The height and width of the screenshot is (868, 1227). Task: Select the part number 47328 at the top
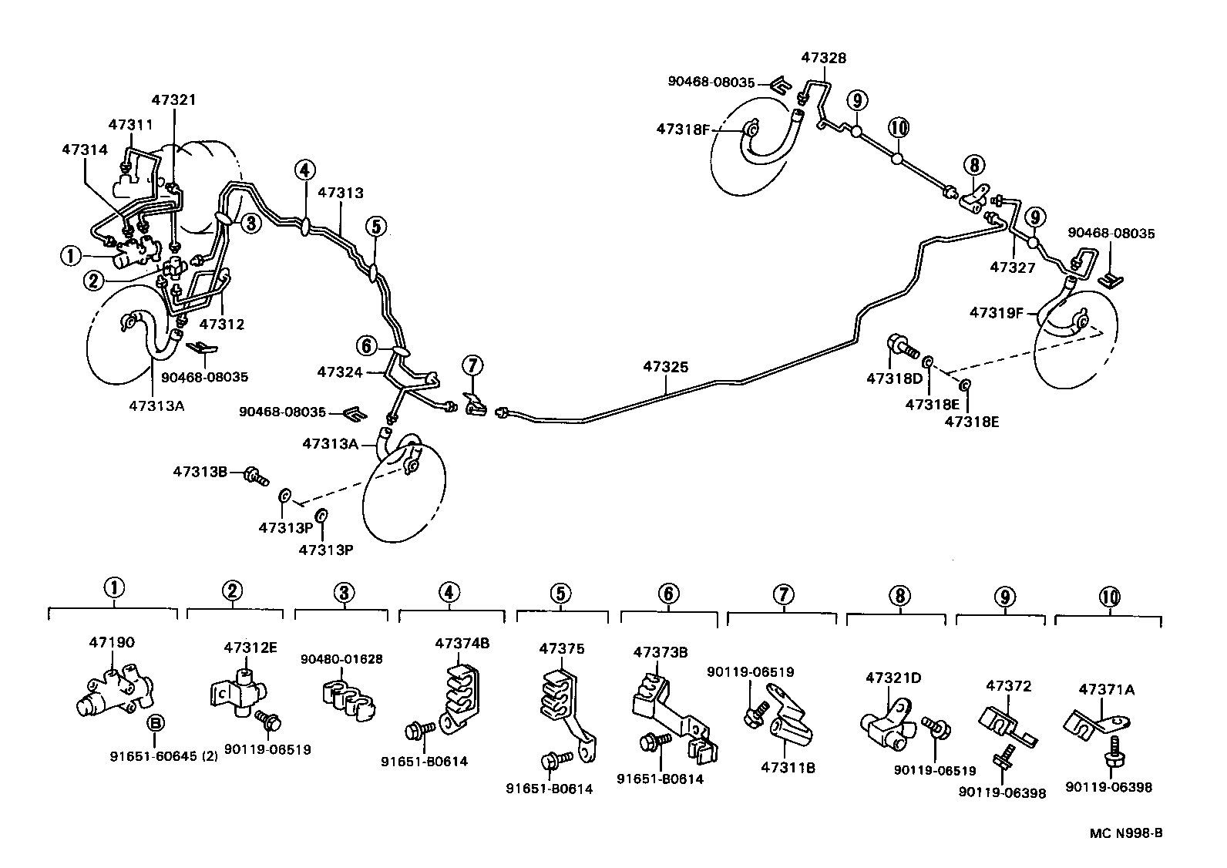tap(823, 57)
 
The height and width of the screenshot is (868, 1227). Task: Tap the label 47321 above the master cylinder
tap(173, 100)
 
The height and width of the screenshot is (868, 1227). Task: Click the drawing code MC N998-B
tap(1125, 833)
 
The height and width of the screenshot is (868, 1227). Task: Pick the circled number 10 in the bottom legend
tap(1109, 596)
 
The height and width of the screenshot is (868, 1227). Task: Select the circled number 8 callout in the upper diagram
tap(974, 164)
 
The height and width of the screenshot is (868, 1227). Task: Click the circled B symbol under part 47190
tap(155, 723)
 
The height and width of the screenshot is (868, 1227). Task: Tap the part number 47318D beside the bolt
tap(894, 378)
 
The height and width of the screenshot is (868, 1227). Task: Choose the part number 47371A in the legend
tap(1107, 690)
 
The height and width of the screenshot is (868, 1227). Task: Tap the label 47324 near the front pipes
tap(339, 372)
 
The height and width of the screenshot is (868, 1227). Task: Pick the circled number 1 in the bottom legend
tap(113, 589)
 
